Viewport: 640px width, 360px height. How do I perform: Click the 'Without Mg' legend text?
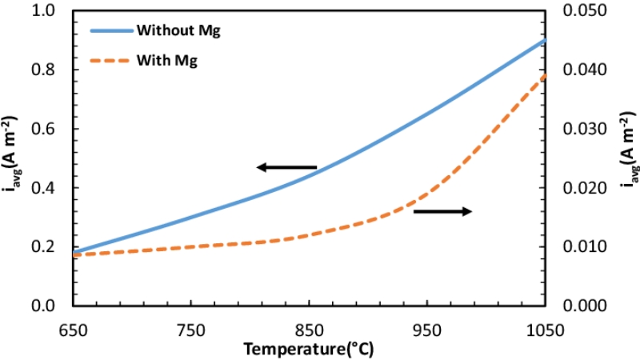click(x=178, y=31)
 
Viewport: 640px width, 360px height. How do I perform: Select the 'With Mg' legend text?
click(x=167, y=60)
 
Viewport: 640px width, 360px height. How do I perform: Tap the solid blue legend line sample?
click(x=108, y=31)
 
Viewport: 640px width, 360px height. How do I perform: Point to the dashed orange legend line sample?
click(x=108, y=60)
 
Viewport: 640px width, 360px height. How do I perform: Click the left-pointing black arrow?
click(x=286, y=167)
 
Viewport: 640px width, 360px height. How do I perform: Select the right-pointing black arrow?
click(x=442, y=211)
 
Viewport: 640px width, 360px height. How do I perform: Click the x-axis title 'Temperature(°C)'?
click(x=308, y=349)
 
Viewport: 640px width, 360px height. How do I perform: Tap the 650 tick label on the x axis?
click(x=73, y=328)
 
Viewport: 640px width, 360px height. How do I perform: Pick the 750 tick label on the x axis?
click(x=191, y=328)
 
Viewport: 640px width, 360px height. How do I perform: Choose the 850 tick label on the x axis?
click(x=309, y=328)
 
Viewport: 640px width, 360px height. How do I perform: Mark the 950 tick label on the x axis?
click(x=427, y=328)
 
